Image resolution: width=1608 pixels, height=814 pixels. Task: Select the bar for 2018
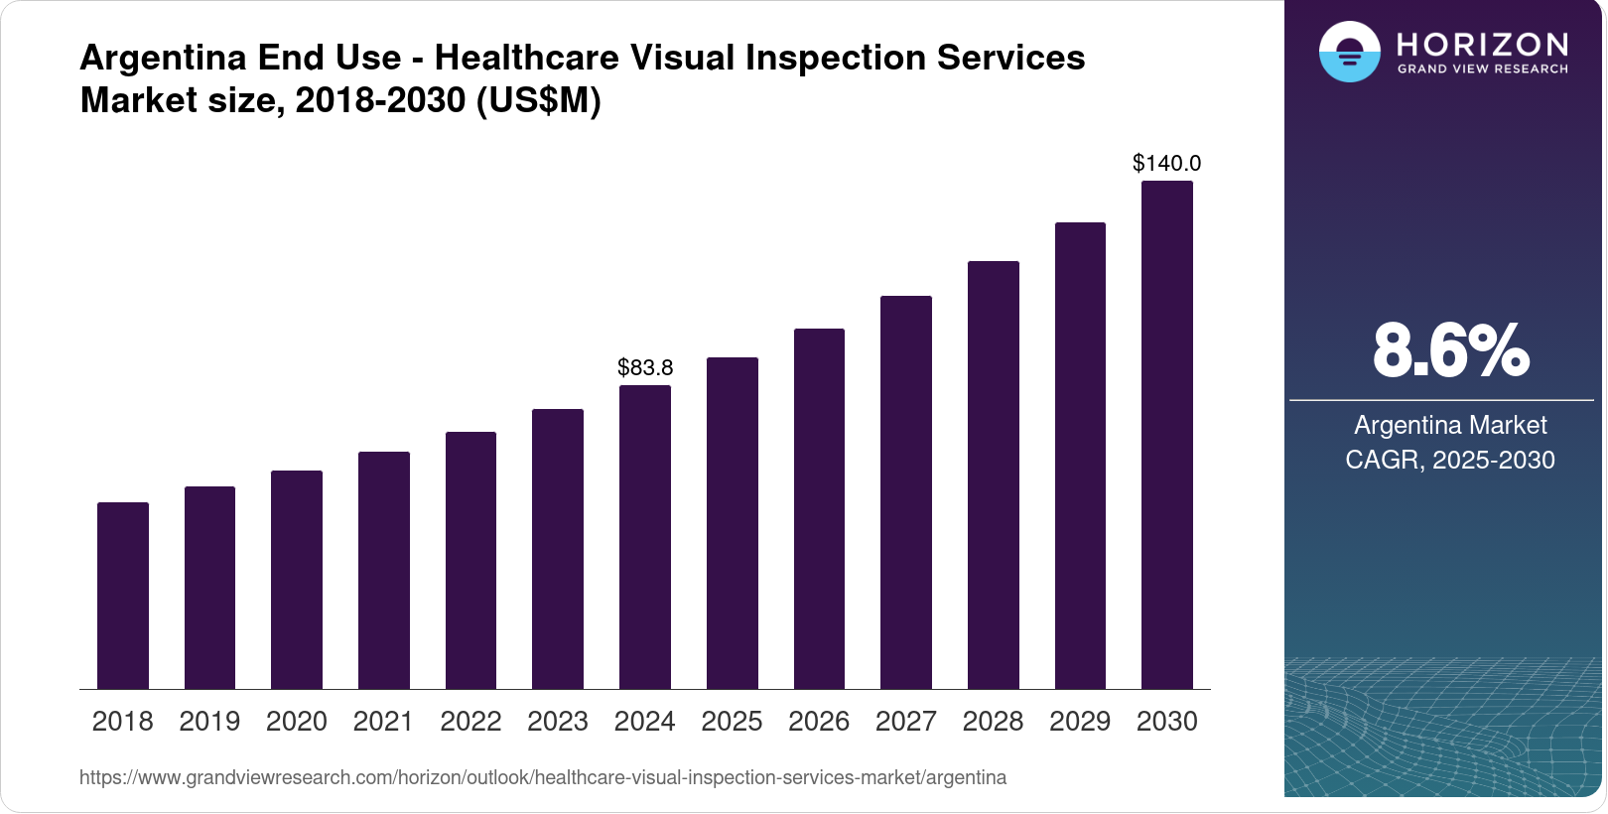123,596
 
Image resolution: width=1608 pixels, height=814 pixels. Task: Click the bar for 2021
384,571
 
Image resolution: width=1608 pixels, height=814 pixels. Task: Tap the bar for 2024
645,537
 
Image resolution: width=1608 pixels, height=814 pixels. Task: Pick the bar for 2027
906,492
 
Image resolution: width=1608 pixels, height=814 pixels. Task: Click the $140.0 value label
1167,163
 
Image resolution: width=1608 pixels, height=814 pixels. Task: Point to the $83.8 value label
645,367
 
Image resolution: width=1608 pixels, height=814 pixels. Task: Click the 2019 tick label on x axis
209,722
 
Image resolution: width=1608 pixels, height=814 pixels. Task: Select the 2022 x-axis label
470,722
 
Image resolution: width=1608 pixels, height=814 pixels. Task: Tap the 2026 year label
819,722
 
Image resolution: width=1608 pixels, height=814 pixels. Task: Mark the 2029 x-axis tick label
1080,722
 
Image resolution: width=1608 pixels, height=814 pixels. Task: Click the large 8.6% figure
1450,350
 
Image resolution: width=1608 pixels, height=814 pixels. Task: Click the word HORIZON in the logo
1483,44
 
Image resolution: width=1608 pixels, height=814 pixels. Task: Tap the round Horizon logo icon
1349,52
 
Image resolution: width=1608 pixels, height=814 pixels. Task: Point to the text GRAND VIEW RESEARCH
1483,68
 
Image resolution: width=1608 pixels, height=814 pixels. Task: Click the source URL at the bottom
543,777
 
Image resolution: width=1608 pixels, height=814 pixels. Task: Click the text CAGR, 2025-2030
1450,460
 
